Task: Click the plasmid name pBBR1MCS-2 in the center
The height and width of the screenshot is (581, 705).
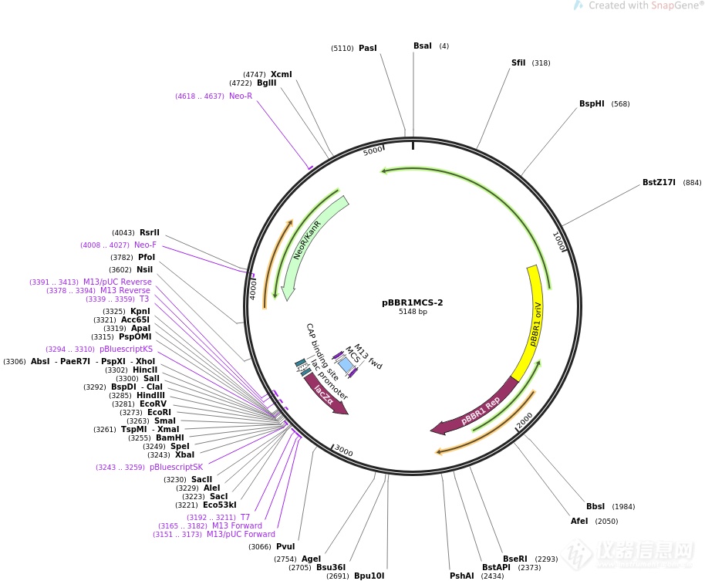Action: (x=412, y=302)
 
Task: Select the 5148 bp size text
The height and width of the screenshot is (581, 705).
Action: (x=412, y=312)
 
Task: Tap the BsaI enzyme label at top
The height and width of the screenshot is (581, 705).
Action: (x=422, y=46)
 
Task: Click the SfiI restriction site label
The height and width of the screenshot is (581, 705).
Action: (x=518, y=63)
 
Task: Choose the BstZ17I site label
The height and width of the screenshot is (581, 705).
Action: (x=659, y=183)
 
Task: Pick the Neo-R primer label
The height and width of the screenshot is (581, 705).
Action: (x=240, y=96)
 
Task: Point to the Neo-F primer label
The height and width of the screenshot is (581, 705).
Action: (x=145, y=245)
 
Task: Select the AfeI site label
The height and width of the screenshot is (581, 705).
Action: (x=579, y=522)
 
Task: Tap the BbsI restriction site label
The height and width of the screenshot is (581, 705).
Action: (x=595, y=507)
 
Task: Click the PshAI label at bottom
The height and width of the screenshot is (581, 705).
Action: (x=461, y=576)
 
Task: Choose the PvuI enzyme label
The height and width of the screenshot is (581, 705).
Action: (x=285, y=547)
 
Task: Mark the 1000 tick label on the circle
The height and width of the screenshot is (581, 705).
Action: (x=561, y=242)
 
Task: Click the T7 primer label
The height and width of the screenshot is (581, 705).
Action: (x=245, y=518)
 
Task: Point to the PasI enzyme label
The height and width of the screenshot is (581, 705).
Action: (x=368, y=49)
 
